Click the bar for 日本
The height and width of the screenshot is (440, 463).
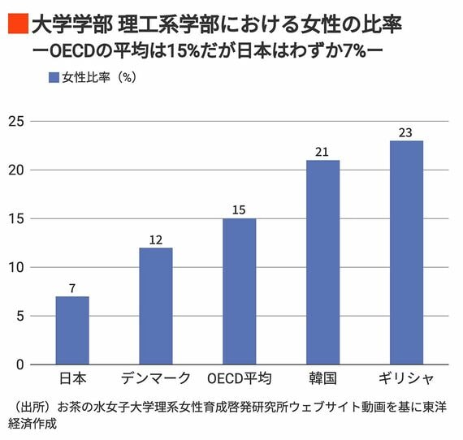72,330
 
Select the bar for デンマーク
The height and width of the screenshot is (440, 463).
155,306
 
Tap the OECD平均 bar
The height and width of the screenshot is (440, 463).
239,291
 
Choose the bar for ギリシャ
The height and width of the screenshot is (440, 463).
406,252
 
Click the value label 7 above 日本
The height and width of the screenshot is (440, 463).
72,288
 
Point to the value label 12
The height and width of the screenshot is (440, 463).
155,239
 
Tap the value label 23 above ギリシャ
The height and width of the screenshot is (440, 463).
406,132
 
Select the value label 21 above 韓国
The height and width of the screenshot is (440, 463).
322,152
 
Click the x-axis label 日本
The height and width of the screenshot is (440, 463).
72,379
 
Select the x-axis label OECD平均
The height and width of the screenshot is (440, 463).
239,379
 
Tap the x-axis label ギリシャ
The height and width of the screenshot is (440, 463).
406,379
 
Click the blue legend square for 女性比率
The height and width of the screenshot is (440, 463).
54,78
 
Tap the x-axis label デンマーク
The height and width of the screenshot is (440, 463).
155,379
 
